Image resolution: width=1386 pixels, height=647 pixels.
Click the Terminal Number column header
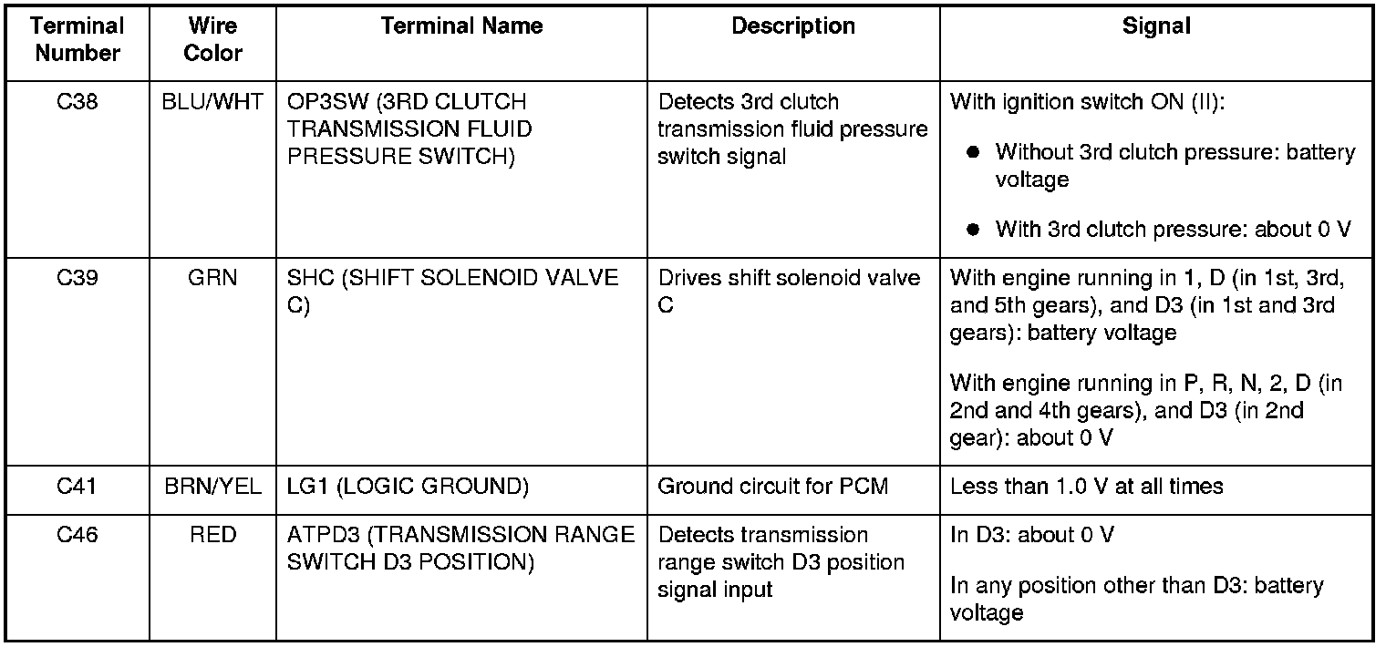[x=78, y=40]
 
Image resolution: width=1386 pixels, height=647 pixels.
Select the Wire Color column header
[x=212, y=40]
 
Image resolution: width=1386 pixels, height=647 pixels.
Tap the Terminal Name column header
[x=461, y=27]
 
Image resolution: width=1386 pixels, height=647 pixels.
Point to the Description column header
[x=793, y=27]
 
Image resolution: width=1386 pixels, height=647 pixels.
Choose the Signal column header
[x=1156, y=27]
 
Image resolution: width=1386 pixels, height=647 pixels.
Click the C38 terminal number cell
[x=78, y=102]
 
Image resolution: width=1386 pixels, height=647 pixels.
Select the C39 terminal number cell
[x=78, y=278]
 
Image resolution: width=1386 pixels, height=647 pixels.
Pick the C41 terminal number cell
[x=78, y=488]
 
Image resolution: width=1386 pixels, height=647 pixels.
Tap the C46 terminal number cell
[x=78, y=535]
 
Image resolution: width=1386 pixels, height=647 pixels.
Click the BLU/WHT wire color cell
[x=212, y=102]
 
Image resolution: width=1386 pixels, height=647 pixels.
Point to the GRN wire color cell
[x=212, y=278]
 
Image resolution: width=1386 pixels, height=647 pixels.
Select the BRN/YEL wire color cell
[x=212, y=488]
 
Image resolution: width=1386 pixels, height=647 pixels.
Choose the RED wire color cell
[x=212, y=535]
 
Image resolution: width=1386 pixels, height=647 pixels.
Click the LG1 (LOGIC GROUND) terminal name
[x=408, y=488]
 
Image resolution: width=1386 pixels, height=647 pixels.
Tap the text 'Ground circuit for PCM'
[x=772, y=488]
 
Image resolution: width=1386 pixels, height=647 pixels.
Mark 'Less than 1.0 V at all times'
[x=1086, y=488]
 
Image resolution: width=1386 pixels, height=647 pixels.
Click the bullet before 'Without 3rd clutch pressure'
[x=974, y=153]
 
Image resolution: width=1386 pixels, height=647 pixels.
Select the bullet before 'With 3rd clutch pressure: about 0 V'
[x=974, y=230]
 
